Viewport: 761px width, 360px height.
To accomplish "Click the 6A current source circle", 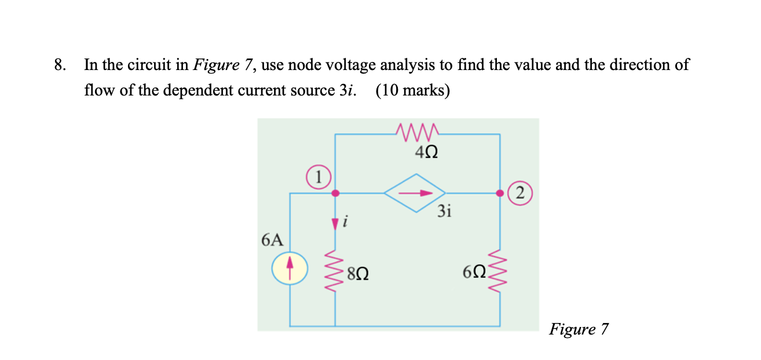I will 290,270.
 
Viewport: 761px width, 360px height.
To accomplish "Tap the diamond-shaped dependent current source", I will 416,193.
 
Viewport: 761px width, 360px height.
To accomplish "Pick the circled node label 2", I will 519,193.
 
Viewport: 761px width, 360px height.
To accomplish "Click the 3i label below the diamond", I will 444,212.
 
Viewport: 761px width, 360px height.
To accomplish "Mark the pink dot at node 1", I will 335,193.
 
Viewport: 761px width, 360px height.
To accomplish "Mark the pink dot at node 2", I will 500,193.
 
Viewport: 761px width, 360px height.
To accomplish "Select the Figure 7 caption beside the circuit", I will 579,329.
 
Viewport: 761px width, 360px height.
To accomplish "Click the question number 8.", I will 58,65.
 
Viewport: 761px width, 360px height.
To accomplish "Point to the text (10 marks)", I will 412,91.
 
